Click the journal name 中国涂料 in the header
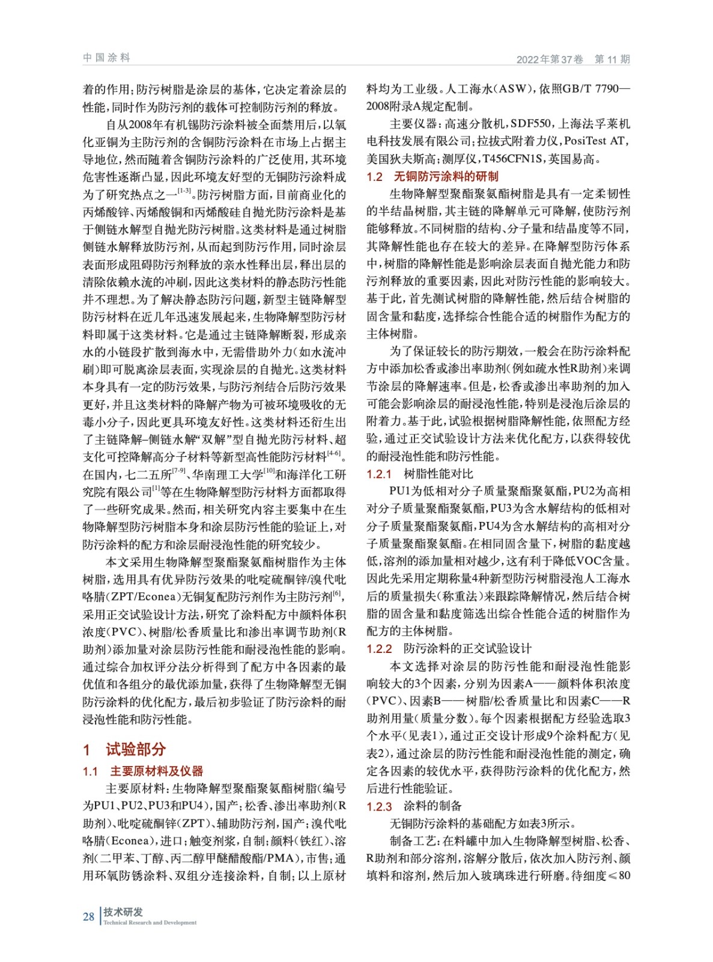pyautogui.click(x=106, y=58)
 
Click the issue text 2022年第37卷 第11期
pyautogui.click(x=573, y=59)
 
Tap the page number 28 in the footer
pyautogui.click(x=88, y=916)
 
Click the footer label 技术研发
pyautogui.click(x=123, y=911)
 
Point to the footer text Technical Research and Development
pyautogui.click(x=150, y=922)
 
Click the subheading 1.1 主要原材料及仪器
pyautogui.click(x=143, y=771)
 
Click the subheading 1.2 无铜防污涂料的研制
pyautogui.click(x=432, y=176)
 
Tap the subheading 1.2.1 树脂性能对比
pyautogui.click(x=420, y=474)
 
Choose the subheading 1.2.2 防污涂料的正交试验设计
pyautogui.click(x=449, y=648)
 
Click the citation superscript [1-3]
pyautogui.click(x=184, y=191)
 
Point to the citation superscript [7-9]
pyautogui.click(x=178, y=471)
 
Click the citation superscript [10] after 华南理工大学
pyautogui.click(x=269, y=471)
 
